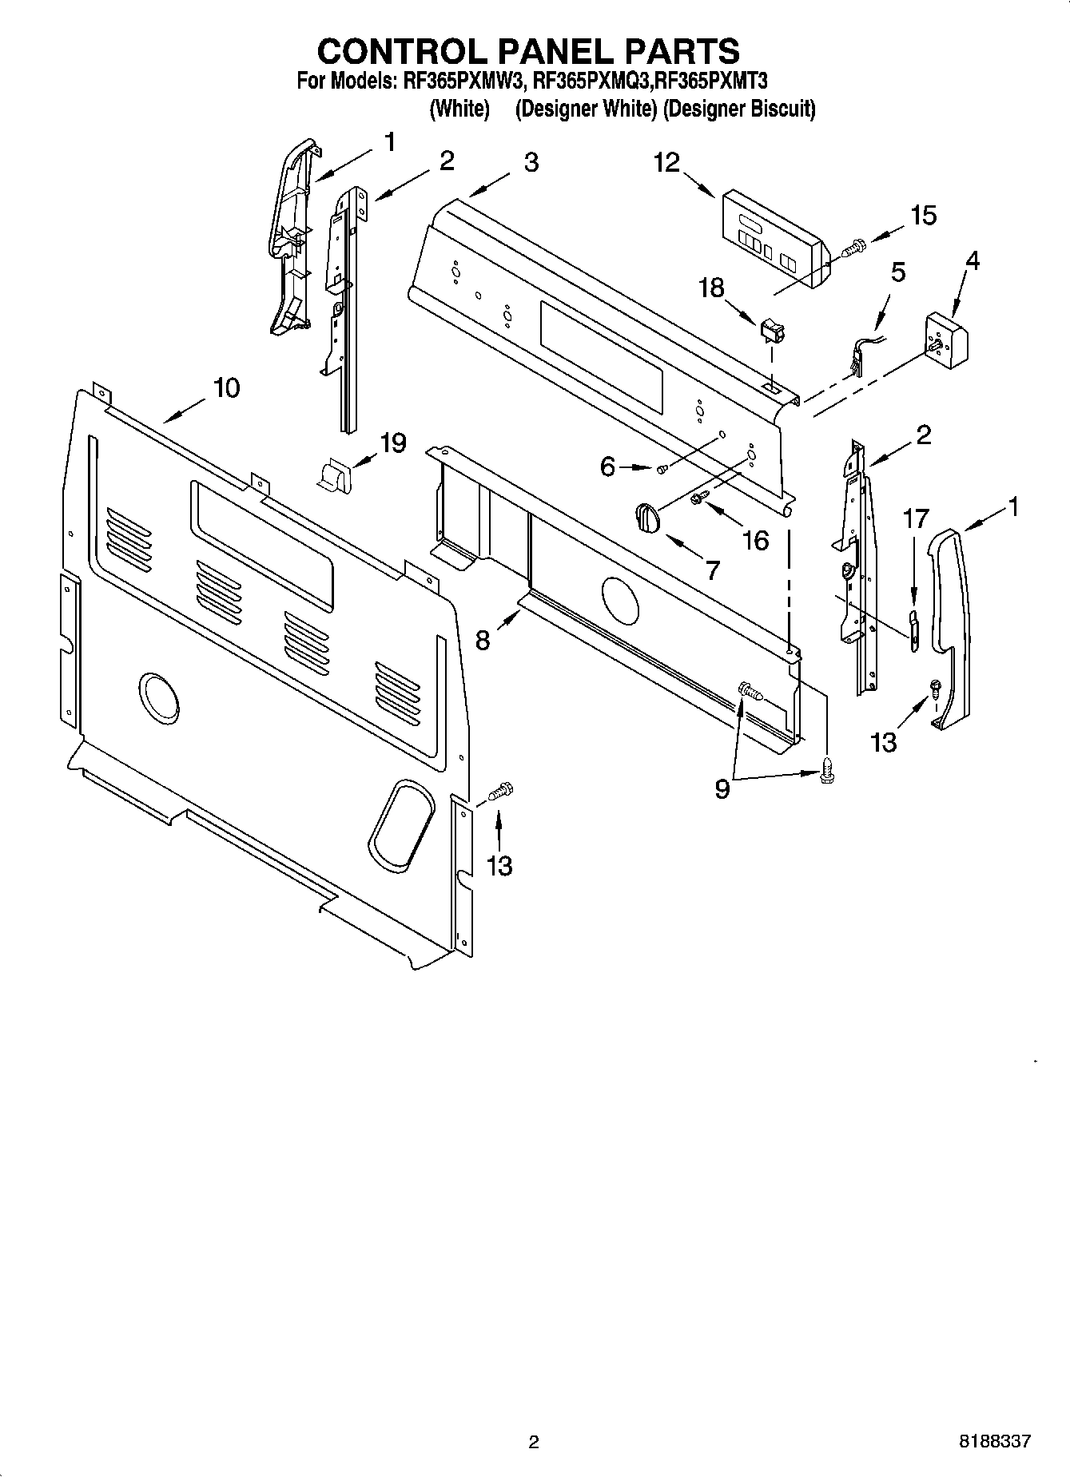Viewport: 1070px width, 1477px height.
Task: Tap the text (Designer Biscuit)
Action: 739,109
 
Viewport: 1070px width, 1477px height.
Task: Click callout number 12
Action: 666,162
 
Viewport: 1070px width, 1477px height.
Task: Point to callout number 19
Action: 392,443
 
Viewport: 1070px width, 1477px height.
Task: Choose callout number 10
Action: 226,388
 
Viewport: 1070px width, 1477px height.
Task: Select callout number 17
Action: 916,519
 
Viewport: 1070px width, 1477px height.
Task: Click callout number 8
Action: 483,640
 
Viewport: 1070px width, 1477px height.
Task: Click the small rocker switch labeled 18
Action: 770,328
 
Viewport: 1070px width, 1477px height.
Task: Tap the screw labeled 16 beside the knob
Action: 697,499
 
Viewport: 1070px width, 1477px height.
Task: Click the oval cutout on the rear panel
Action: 403,825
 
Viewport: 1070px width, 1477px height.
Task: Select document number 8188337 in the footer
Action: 995,1441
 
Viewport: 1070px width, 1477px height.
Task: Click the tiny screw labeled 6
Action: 662,470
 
